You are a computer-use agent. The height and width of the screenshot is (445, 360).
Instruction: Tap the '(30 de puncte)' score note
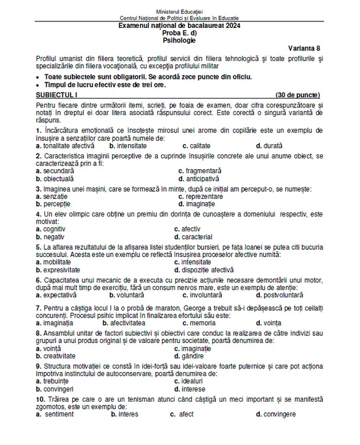click(298, 94)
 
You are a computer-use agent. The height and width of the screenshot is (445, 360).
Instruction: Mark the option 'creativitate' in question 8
click(59, 355)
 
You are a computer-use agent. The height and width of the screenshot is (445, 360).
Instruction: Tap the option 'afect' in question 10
click(186, 414)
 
